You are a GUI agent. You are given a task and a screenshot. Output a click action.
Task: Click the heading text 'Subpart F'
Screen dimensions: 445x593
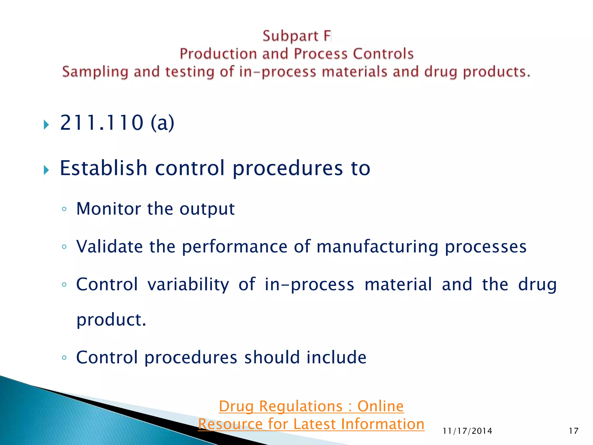pyautogui.click(x=296, y=36)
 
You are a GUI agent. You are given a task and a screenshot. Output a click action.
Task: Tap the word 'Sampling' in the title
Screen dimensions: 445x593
pyautogui.click(x=95, y=72)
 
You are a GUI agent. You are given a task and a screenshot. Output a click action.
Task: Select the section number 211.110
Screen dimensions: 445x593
pyautogui.click(x=102, y=123)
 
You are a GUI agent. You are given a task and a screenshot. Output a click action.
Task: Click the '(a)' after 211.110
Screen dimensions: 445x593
pyautogui.click(x=162, y=123)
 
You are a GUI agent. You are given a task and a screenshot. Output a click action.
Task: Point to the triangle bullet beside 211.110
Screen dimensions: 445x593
pyautogui.click(x=46, y=125)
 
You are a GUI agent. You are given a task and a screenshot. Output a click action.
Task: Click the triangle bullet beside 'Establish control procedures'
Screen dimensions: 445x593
pyautogui.click(x=46, y=170)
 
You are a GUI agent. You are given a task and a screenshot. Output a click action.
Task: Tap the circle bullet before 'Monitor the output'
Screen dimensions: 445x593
pyautogui.click(x=64, y=209)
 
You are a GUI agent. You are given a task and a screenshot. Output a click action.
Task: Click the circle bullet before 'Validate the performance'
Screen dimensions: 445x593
pyautogui.click(x=64, y=247)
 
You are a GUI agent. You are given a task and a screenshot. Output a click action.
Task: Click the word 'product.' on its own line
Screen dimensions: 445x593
pyautogui.click(x=111, y=320)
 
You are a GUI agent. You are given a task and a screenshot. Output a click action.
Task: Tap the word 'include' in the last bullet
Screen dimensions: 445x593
pyautogui.click(x=336, y=357)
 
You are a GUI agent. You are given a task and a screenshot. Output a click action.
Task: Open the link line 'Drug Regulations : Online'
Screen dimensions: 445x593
pyautogui.click(x=311, y=406)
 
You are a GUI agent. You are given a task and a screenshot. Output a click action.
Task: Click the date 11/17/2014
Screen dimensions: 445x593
pyautogui.click(x=467, y=431)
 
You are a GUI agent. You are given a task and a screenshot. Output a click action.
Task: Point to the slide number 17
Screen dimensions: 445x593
pyautogui.click(x=573, y=431)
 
